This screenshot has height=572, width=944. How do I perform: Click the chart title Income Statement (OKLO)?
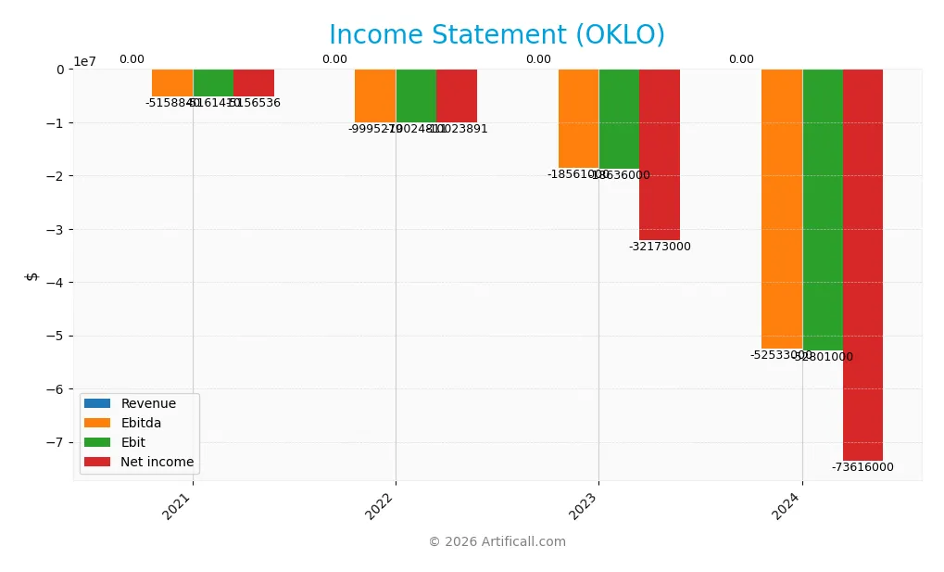point(497,35)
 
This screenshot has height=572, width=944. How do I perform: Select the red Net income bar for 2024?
point(862,264)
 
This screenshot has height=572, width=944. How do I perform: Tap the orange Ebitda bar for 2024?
point(781,209)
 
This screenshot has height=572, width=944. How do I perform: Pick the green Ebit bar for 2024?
point(822,210)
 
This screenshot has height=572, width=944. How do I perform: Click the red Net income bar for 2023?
point(659,154)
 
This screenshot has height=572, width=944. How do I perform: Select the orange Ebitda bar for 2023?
point(578,118)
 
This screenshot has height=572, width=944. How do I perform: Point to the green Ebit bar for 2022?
point(416,95)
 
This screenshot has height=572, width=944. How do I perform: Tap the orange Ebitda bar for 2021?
point(172,83)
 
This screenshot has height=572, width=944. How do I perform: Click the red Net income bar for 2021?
point(254,83)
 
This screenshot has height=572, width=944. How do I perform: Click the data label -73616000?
point(862,467)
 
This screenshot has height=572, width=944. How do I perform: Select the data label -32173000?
point(660,247)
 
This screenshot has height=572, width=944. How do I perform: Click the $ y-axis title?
point(31,275)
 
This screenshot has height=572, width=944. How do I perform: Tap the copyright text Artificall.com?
point(497,541)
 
